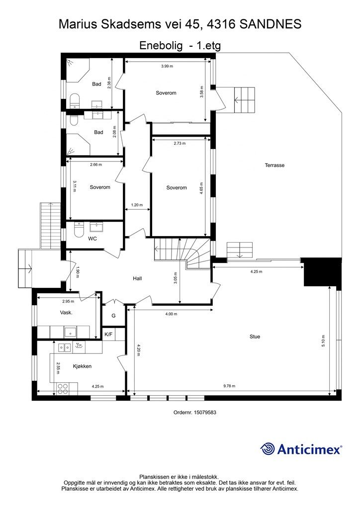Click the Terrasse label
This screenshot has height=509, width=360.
274,165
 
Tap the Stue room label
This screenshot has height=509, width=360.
255,337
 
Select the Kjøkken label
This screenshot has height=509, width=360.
82,366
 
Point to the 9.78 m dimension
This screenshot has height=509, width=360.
229,386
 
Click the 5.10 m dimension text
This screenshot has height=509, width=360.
324,341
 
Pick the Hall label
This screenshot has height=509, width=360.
137,278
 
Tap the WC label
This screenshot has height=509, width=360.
92,239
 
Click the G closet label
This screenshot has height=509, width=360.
113,316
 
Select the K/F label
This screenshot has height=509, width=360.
108,334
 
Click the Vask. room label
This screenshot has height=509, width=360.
66,313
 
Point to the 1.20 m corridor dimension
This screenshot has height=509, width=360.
137,205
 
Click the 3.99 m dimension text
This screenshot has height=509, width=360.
167,66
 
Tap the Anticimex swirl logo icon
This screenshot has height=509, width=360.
268,449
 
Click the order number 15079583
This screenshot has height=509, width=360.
205,412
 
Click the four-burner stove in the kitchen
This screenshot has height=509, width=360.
63,389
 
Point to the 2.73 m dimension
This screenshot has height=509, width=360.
180,143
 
